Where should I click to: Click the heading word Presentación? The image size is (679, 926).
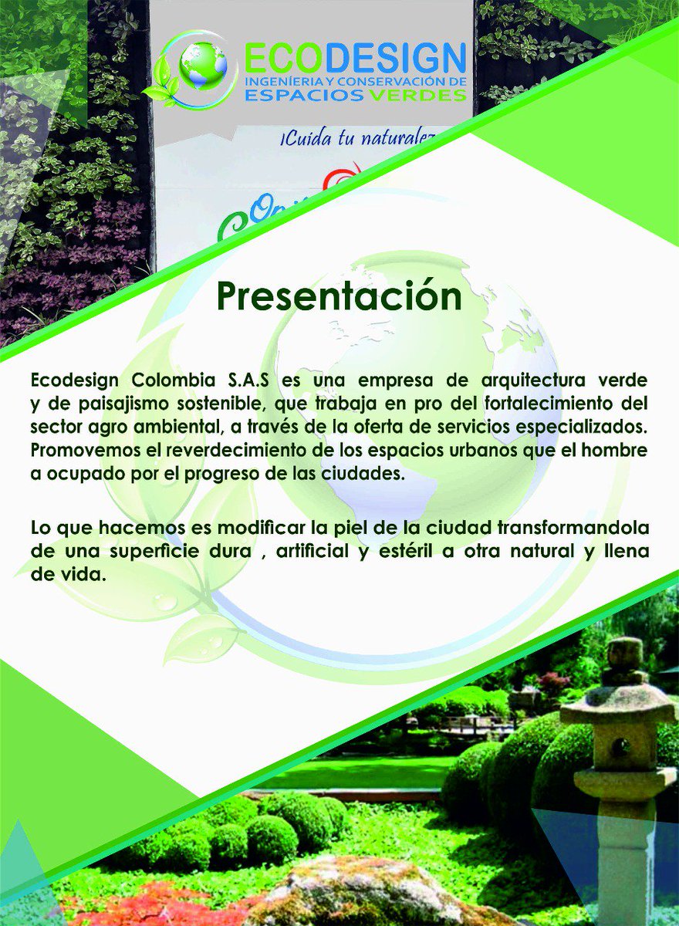339,296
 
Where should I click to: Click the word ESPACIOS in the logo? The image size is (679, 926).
295,95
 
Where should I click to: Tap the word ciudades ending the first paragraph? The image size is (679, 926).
367,474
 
